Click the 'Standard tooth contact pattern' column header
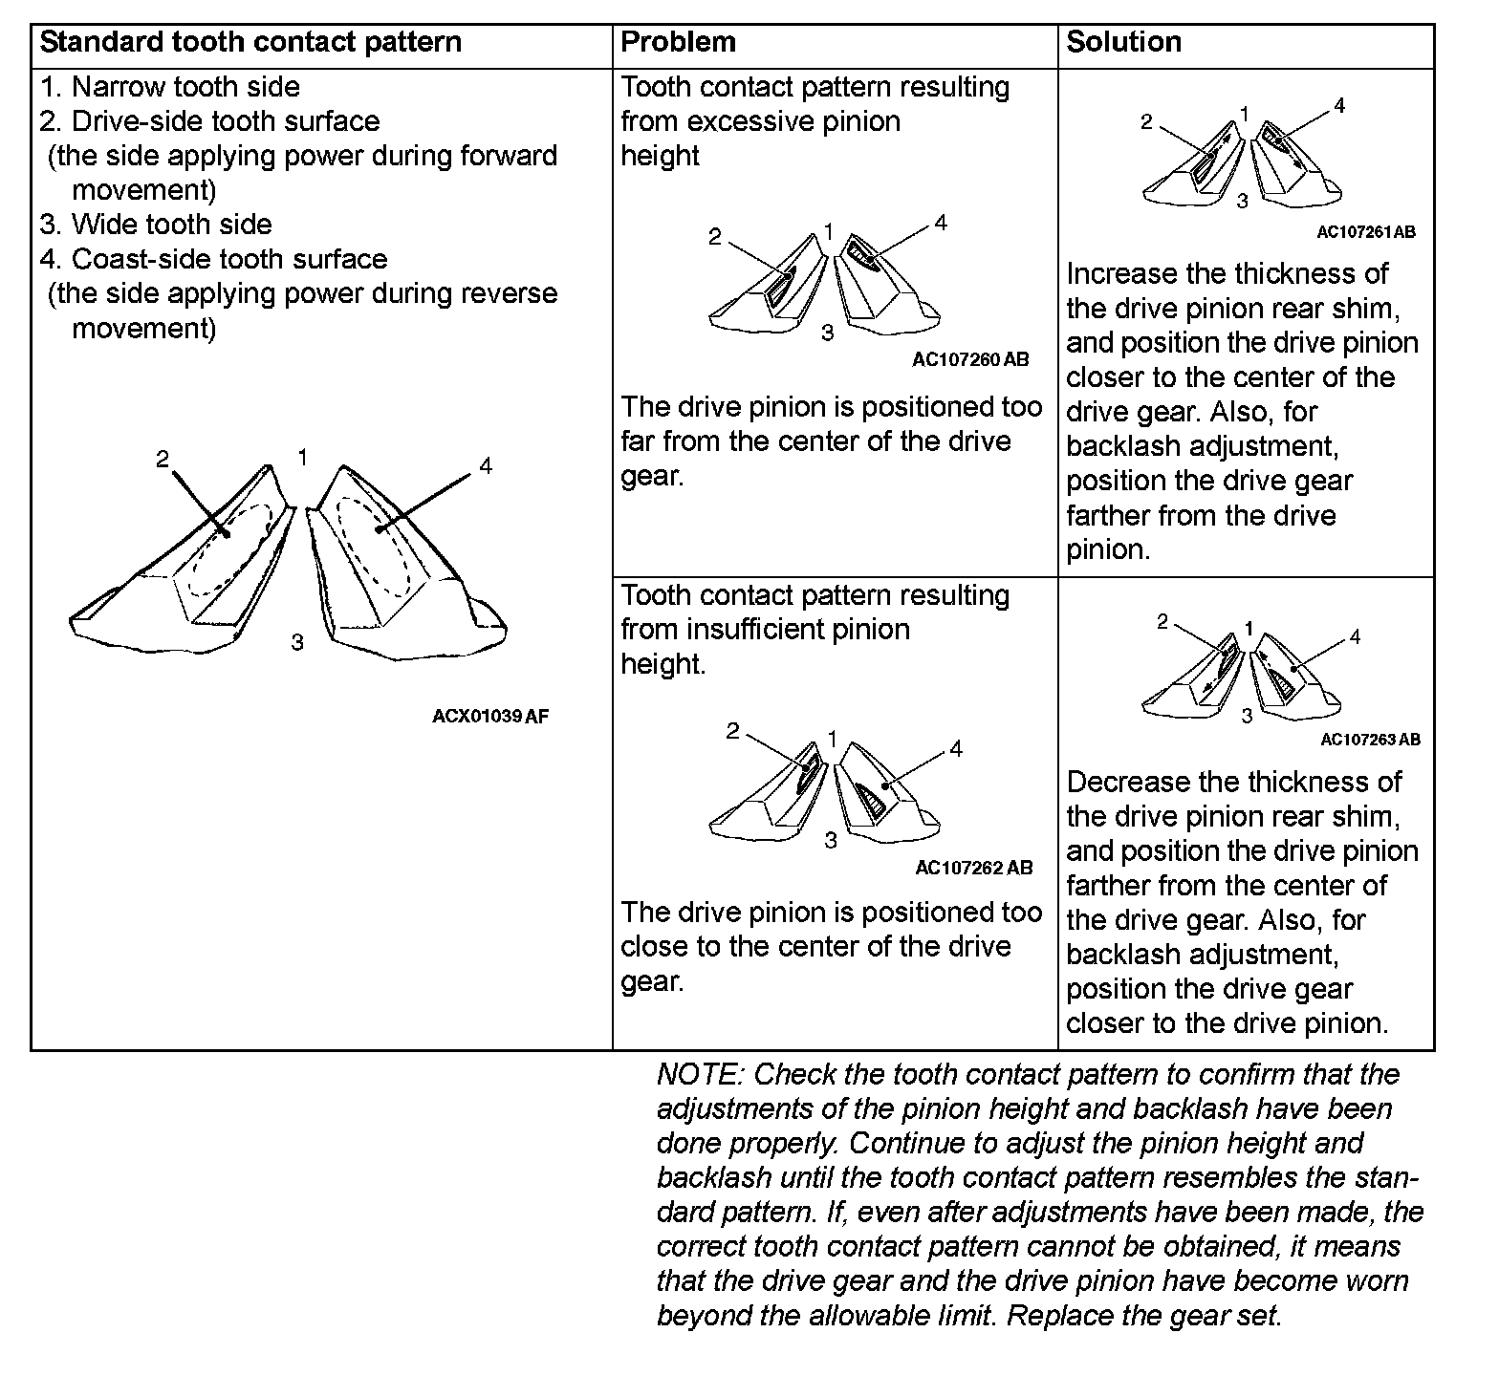[250, 43]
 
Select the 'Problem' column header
[678, 43]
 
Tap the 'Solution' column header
[1123, 43]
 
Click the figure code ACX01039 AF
[490, 716]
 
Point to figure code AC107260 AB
[970, 359]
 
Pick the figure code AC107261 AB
[1365, 231]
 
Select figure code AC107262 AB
[973, 868]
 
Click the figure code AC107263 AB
[1369, 739]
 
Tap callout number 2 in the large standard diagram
[163, 460]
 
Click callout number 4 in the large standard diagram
[486, 466]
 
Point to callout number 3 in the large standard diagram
[297, 642]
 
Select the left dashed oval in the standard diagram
[231, 550]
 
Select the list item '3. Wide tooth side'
[156, 225]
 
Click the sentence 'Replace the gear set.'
[1143, 1316]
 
